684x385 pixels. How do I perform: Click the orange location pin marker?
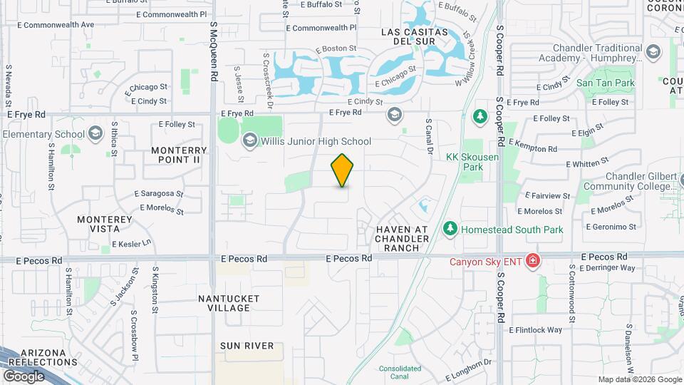coord(343,170)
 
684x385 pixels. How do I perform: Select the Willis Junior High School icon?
coord(249,140)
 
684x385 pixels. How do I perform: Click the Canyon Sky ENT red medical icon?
coord(532,262)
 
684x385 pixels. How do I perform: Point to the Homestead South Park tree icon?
coord(450,229)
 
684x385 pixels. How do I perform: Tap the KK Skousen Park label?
coord(465,162)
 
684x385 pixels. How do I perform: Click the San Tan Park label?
coord(605,83)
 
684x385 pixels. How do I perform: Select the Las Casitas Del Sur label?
coord(415,38)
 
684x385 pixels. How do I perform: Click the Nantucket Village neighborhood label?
coord(234,303)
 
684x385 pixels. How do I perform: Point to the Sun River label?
coord(247,346)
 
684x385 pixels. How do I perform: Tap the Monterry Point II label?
coord(180,155)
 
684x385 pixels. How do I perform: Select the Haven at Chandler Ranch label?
coord(402,238)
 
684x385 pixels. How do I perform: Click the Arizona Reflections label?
coord(48,358)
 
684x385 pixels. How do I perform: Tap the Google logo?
coord(24,376)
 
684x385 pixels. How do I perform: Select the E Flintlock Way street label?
coord(535,330)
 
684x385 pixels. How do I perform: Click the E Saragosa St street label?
coord(158,194)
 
